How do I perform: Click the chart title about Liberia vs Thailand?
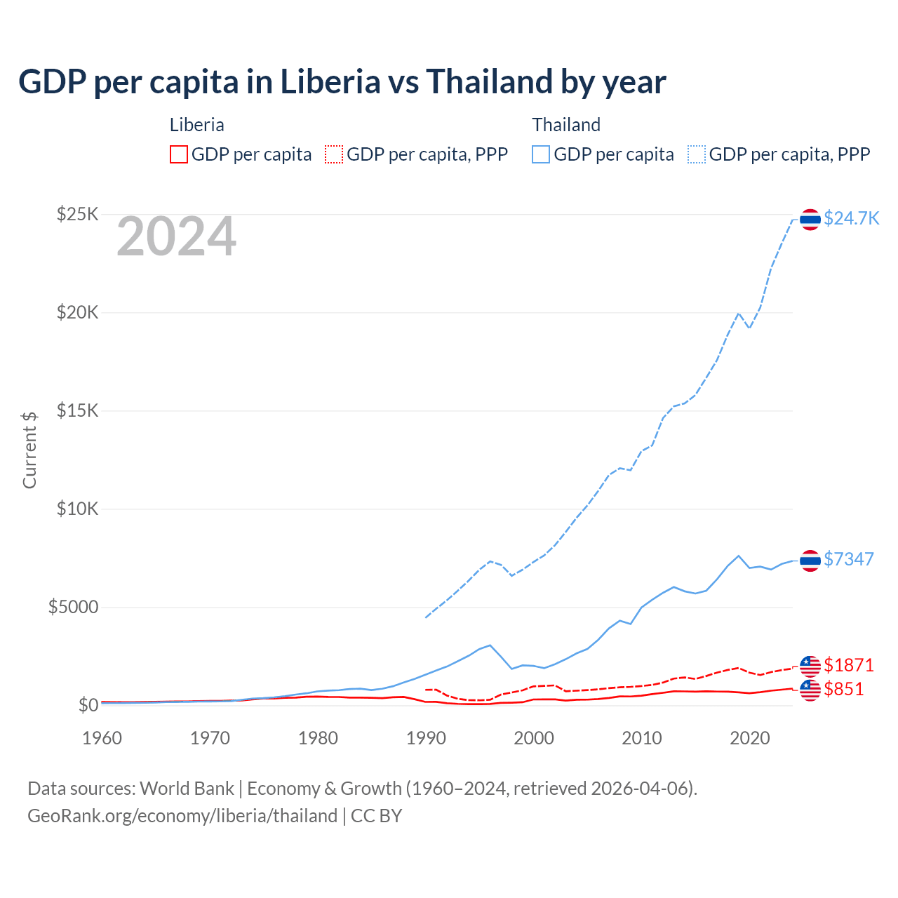(x=342, y=82)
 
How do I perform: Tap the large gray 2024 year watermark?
(x=176, y=237)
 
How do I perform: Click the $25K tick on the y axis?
(x=77, y=214)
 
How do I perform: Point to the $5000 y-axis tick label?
(x=73, y=607)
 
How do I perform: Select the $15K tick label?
(x=77, y=410)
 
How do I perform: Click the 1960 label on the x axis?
(x=102, y=738)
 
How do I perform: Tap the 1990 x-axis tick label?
(x=426, y=738)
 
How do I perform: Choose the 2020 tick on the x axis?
(x=750, y=738)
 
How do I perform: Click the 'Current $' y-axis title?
(x=29, y=450)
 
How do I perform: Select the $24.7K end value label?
(x=851, y=218)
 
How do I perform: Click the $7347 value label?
(x=848, y=559)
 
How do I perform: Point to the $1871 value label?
(x=848, y=664)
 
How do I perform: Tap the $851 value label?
(x=843, y=689)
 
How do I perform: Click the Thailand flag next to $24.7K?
(x=810, y=220)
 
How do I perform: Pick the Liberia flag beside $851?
(x=810, y=690)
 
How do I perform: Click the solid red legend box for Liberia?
(x=179, y=154)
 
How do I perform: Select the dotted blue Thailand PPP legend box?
(x=697, y=154)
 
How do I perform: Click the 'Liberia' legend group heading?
(x=197, y=125)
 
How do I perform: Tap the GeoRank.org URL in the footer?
(x=182, y=816)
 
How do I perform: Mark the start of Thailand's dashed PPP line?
(x=426, y=617)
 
